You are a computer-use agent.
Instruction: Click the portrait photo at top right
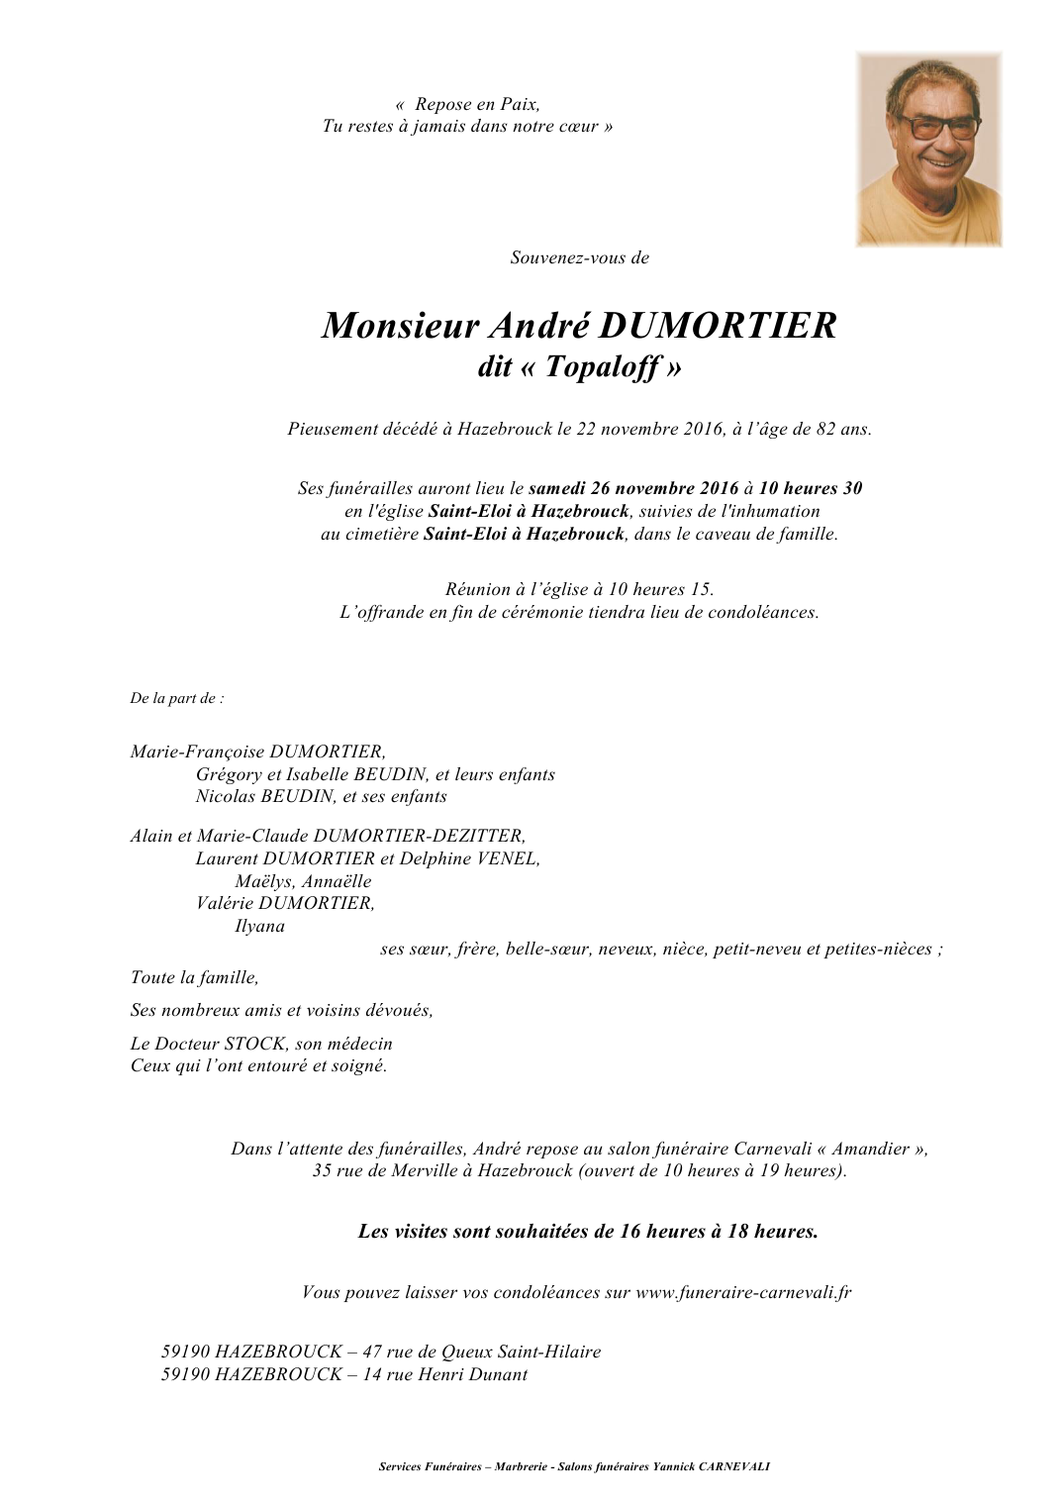(928, 149)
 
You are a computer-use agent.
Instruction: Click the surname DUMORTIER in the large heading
(718, 326)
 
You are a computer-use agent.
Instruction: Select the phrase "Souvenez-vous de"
(579, 257)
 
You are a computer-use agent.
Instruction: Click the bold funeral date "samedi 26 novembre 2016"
(633, 488)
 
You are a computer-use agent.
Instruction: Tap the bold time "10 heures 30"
(810, 488)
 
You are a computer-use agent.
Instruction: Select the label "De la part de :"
(177, 698)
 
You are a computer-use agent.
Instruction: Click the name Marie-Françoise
(197, 752)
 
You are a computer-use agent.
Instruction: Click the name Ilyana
(259, 926)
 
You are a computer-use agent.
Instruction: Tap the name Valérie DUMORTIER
(285, 903)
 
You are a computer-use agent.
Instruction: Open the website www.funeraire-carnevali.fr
(743, 1292)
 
